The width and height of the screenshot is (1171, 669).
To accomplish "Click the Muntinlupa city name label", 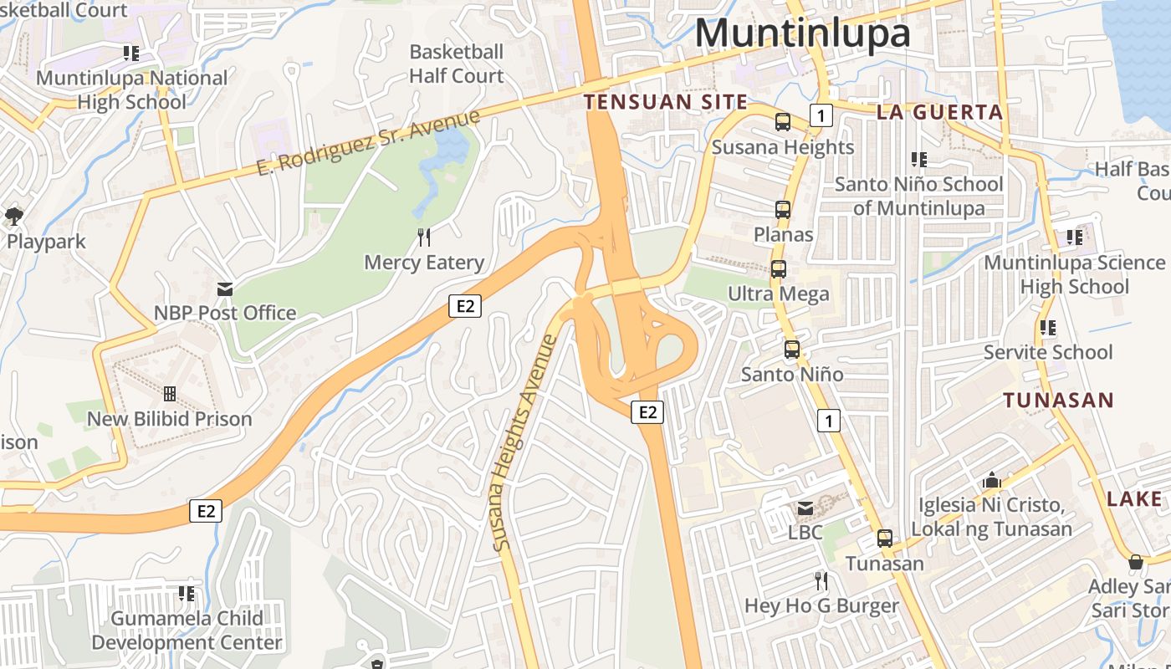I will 801,33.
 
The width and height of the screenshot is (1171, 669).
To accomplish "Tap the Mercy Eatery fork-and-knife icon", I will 424,237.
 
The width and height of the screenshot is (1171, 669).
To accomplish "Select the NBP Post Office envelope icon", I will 225,289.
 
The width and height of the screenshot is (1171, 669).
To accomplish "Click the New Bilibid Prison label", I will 170,419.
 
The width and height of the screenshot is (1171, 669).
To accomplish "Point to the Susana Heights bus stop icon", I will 783,122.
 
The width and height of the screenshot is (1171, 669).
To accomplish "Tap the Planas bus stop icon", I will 783,210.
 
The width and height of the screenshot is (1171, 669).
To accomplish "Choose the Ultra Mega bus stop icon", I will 779,269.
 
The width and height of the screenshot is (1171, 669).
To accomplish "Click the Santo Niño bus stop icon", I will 792,350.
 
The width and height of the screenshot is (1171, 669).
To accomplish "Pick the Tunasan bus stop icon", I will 885,539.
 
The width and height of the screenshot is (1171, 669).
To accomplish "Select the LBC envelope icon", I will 805,508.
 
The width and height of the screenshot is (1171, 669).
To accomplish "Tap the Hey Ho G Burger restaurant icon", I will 821,580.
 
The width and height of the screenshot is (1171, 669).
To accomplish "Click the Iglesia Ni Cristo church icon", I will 992,480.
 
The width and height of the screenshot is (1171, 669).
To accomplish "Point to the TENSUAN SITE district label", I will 666,102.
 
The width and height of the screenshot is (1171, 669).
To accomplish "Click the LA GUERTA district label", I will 939,112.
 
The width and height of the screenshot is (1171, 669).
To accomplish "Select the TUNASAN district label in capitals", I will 1059,400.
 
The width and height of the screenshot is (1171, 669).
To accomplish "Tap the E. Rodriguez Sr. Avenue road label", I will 369,142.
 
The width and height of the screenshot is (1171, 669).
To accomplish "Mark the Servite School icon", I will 1047,328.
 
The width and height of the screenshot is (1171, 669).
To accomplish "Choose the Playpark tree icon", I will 14,217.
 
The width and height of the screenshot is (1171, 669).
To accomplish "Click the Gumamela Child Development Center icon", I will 187,594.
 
